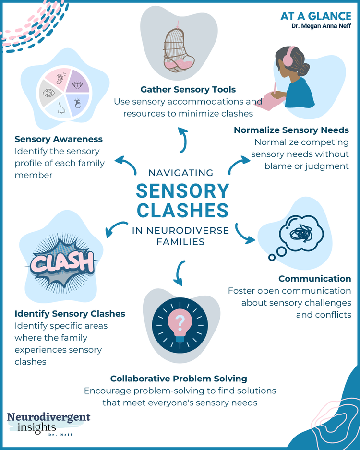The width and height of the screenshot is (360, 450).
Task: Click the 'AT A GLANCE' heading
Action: click(315, 16)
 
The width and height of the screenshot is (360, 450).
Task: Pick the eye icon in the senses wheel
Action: click(49, 92)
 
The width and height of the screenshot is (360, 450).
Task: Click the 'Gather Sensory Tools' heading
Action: click(188, 89)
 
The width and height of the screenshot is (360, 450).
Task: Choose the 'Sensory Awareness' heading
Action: click(59, 139)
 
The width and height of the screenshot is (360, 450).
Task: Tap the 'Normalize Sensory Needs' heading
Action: click(291, 130)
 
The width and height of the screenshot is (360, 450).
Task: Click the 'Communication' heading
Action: click(314, 279)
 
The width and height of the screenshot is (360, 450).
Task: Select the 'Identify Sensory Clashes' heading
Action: click(70, 314)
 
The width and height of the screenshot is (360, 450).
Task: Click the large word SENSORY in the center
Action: click(183, 191)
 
